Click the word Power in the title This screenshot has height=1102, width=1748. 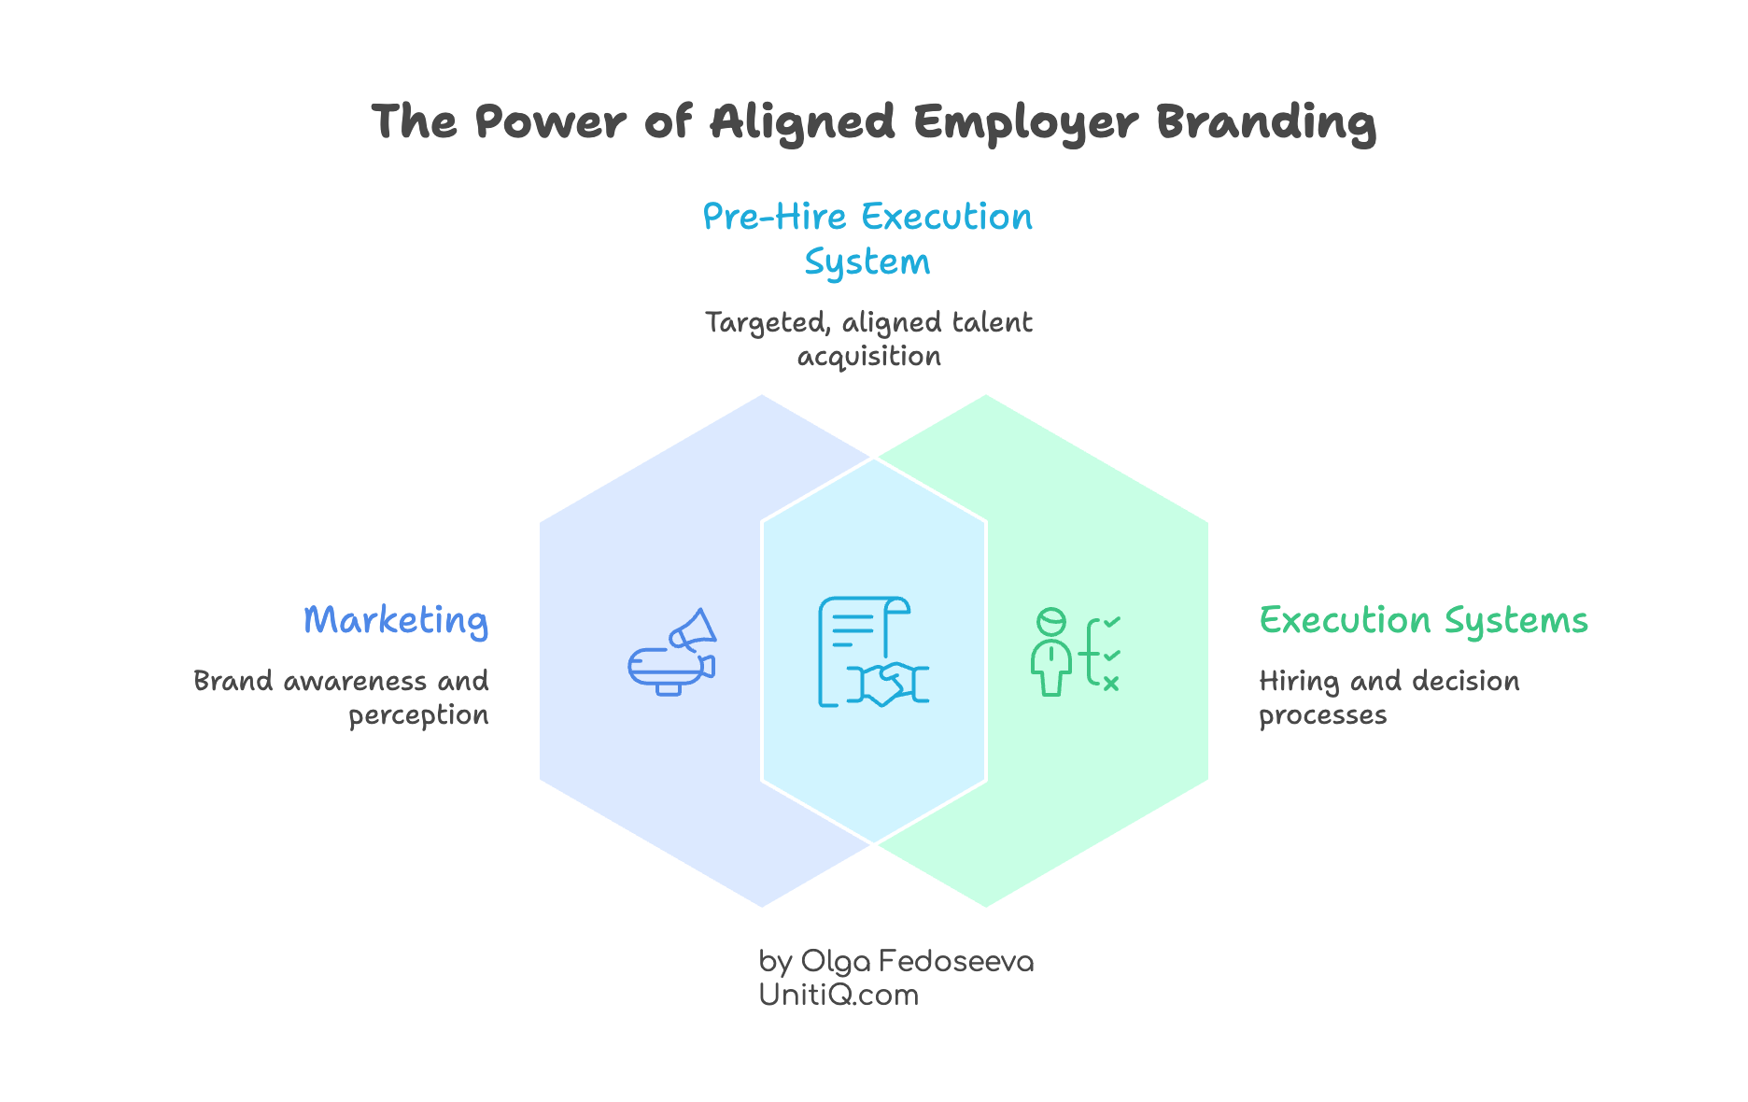point(550,122)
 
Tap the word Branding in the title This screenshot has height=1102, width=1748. point(1266,122)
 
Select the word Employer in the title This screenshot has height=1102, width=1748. point(1025,122)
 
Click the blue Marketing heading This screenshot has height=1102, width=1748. point(396,621)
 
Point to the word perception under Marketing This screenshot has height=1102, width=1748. point(418,715)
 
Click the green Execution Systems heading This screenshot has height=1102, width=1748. point(1423,621)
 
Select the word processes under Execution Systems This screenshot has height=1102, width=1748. point(1322,715)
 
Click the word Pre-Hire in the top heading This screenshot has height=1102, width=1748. point(774,217)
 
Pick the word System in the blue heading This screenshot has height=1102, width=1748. point(867,263)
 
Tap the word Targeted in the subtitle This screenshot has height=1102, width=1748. point(767,323)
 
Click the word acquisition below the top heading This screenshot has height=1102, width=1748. point(868,357)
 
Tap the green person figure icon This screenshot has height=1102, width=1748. point(1051,652)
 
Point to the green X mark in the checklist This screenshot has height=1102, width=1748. point(1110,684)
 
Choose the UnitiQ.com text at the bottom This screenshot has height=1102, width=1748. point(839,996)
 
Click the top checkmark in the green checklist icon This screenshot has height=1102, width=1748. point(1111,622)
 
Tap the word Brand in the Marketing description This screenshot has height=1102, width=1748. point(233,682)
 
